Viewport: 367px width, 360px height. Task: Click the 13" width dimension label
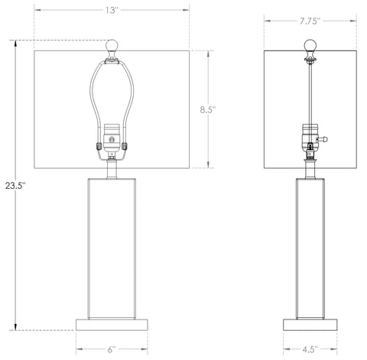(111, 10)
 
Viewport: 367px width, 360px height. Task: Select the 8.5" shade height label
(208, 109)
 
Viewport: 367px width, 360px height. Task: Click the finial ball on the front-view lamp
(113, 44)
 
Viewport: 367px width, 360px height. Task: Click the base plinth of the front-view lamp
(112, 325)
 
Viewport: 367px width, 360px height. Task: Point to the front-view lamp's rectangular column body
(112, 245)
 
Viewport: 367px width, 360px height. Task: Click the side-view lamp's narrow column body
(310, 245)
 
